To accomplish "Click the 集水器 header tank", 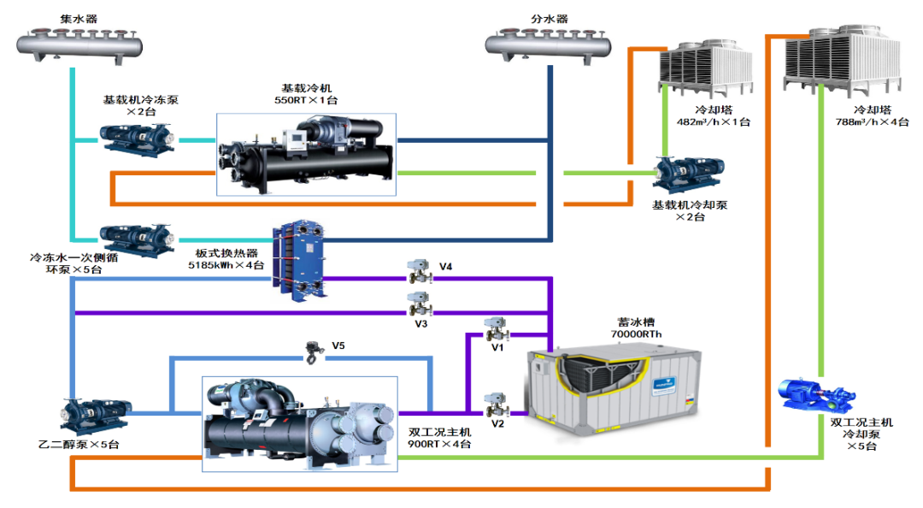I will point(78,44).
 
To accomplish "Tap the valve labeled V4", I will point(419,269).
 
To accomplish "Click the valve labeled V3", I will point(419,304).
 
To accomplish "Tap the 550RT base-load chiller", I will point(304,154).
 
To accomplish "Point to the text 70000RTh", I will point(637,334).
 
